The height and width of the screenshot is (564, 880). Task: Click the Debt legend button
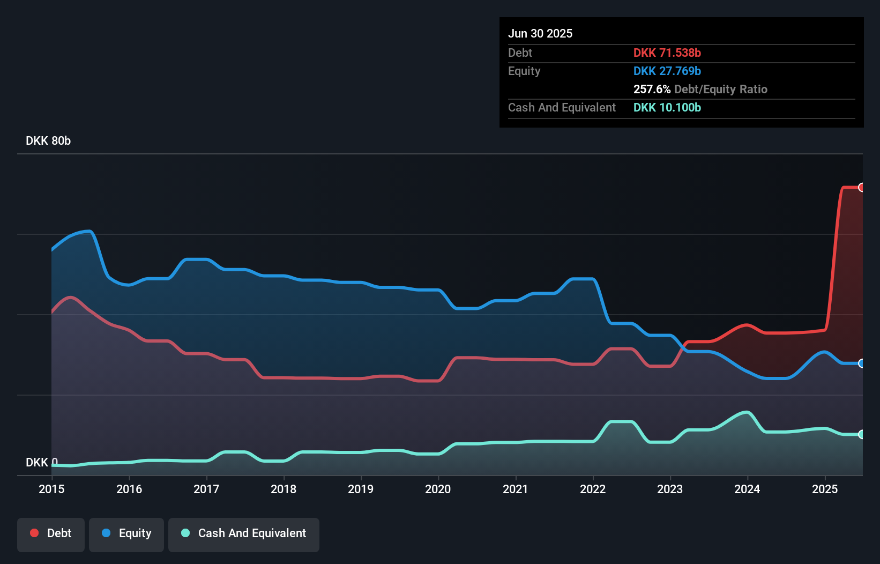tap(51, 533)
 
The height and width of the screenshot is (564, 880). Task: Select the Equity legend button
tap(126, 533)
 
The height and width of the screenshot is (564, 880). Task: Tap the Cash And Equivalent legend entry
tap(244, 533)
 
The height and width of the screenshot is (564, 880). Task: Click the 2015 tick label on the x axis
tap(51, 489)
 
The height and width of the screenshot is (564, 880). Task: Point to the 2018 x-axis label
tap(284, 489)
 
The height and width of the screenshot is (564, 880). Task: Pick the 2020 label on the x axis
tap(438, 489)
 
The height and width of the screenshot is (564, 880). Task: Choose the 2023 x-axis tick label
tap(670, 489)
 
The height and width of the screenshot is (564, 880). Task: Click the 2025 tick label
tap(825, 489)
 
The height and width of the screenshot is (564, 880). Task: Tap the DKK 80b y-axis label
tap(48, 141)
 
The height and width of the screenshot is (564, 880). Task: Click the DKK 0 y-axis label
tap(41, 462)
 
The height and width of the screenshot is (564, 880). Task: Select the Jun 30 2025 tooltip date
tap(540, 34)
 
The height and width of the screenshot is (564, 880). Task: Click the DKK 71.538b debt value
tap(667, 53)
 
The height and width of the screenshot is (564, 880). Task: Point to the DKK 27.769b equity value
tap(667, 71)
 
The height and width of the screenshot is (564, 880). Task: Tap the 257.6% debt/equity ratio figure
tap(652, 90)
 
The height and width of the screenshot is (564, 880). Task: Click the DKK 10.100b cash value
tap(667, 108)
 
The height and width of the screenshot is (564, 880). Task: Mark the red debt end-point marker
tap(861, 187)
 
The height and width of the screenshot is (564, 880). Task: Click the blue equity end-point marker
tap(861, 363)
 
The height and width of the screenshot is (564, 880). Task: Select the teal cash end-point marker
tap(861, 434)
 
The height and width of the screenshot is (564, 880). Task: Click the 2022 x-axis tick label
tap(593, 489)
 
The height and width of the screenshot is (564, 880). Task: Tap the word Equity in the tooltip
tap(524, 71)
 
